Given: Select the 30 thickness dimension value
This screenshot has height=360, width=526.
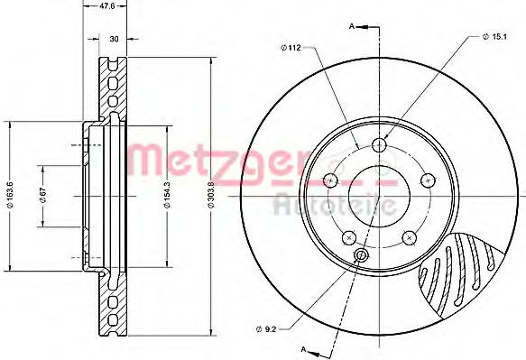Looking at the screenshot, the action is click(114, 39).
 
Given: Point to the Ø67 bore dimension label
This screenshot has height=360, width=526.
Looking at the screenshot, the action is click(42, 195).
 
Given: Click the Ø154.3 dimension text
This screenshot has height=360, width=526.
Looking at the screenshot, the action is click(168, 195).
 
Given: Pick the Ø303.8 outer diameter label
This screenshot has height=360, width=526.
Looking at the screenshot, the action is click(210, 195).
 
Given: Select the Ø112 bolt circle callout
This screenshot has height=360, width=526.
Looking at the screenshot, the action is click(291, 48).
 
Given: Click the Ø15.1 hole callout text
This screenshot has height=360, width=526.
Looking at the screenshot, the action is click(494, 37).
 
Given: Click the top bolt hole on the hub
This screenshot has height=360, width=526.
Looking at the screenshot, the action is click(380, 145).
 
